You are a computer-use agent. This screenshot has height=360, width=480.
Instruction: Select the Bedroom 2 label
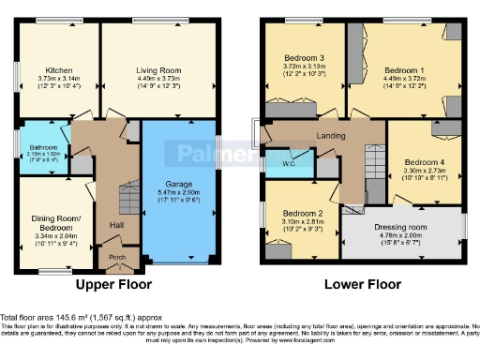click(298, 214)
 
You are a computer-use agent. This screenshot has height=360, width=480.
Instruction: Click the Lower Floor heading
click(356, 283)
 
